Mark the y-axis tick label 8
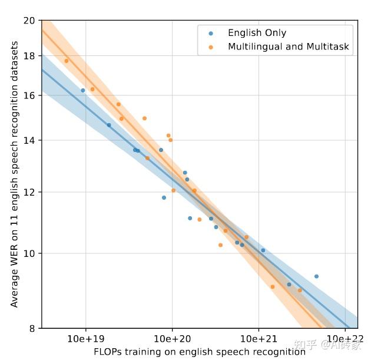[32, 328]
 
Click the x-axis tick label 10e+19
[86, 339]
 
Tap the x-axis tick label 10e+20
[173, 339]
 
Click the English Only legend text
[257, 34]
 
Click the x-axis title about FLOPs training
[199, 352]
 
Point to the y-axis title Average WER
[14, 174]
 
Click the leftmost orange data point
[66, 61]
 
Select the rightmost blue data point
[316, 276]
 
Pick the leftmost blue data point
[83, 90]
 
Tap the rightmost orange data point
[300, 290]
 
